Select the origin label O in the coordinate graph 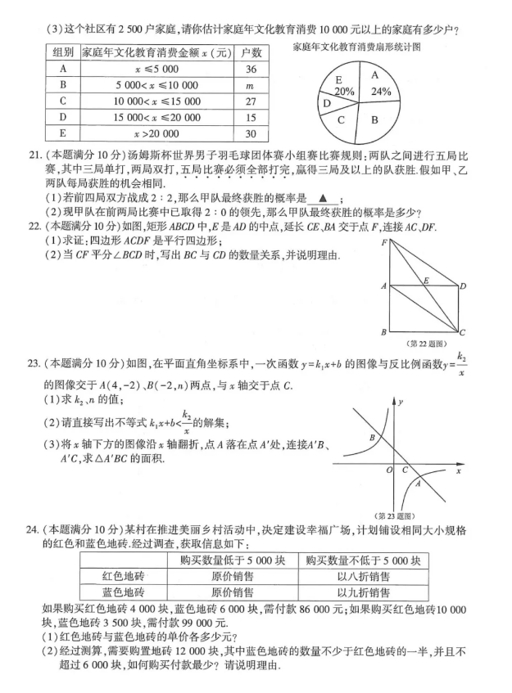click(x=390, y=470)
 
